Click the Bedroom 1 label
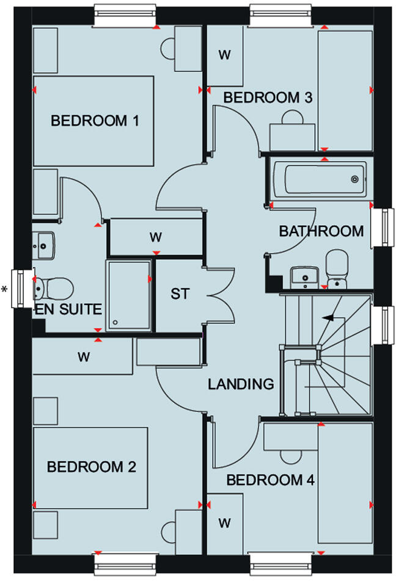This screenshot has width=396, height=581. tap(95, 121)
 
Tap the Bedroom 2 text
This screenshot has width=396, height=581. tap(92, 467)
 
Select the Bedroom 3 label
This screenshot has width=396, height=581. tap(268, 97)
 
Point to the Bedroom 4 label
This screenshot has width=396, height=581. tap(271, 480)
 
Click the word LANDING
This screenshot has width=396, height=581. tap(241, 384)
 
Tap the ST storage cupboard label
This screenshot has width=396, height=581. tap(180, 294)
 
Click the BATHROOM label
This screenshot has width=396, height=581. tap(321, 231)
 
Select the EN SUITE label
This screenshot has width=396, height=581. tap(68, 309)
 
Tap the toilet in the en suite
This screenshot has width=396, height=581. tap(55, 286)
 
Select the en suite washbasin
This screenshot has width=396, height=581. tap(44, 244)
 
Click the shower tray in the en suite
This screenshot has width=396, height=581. tap(128, 295)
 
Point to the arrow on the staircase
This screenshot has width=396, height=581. tap(331, 317)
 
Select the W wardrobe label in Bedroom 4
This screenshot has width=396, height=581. tap(225, 523)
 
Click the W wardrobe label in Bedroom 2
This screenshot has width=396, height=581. tap(84, 357)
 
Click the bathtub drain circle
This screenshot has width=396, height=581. tap(354, 179)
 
